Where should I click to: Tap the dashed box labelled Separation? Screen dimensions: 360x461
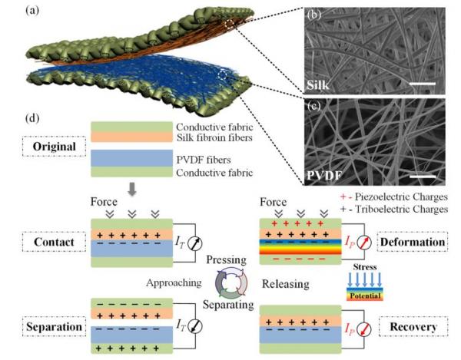(47, 327)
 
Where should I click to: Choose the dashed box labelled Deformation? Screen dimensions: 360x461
(424, 242)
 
